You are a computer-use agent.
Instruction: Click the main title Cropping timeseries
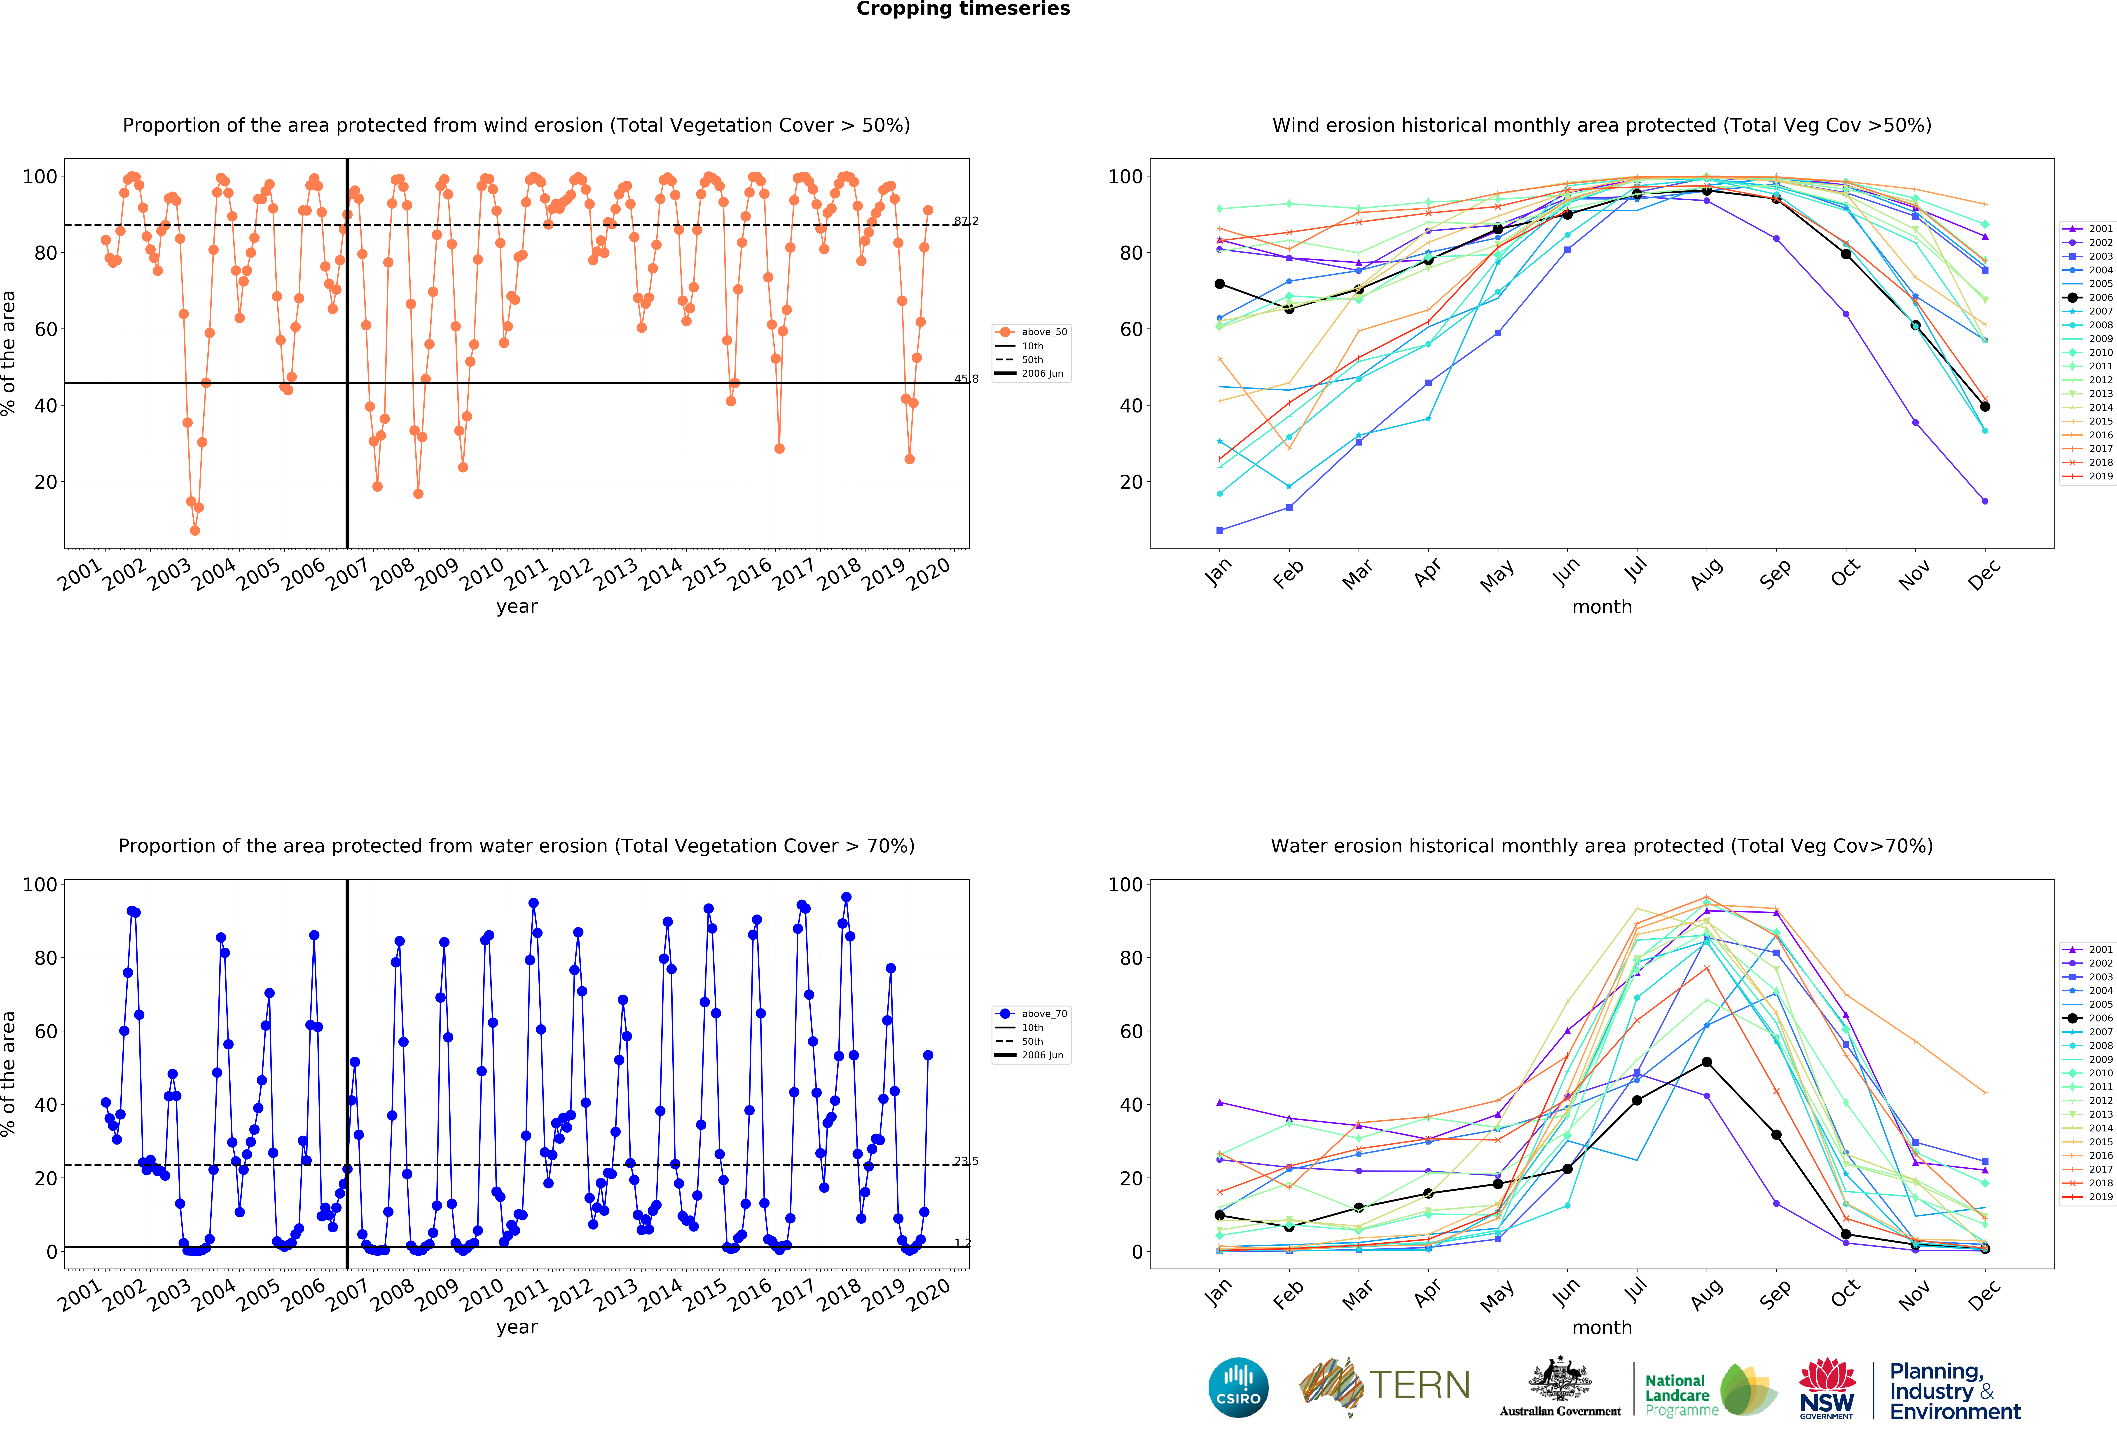963,9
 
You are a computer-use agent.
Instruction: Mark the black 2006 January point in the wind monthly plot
1220,284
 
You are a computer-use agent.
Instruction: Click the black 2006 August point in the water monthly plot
1706,1062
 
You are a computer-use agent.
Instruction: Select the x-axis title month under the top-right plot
1601,607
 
